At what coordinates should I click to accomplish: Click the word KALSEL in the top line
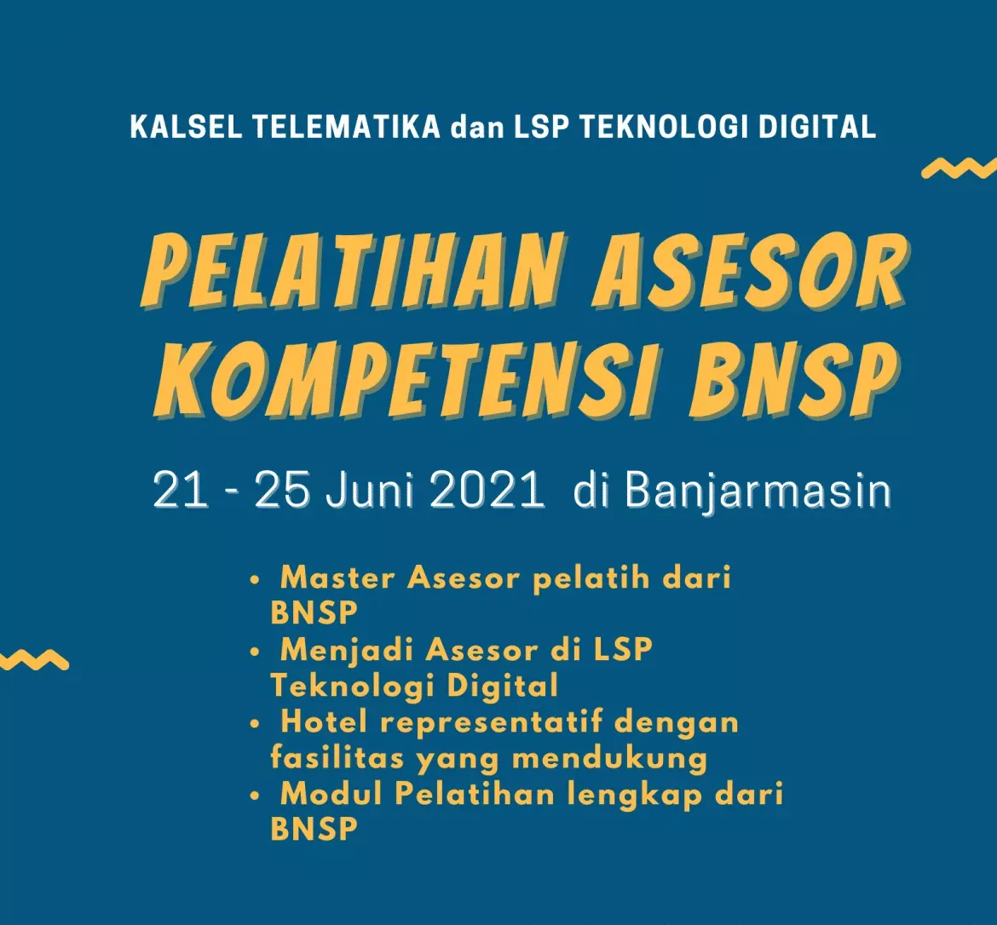(186, 127)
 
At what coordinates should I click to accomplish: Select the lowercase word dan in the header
(477, 127)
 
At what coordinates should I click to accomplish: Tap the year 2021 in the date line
(487, 490)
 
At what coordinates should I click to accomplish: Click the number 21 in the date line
(181, 490)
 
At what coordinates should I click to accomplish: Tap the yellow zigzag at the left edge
(34, 660)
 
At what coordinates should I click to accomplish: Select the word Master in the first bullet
(337, 577)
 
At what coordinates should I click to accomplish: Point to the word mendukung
(609, 759)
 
